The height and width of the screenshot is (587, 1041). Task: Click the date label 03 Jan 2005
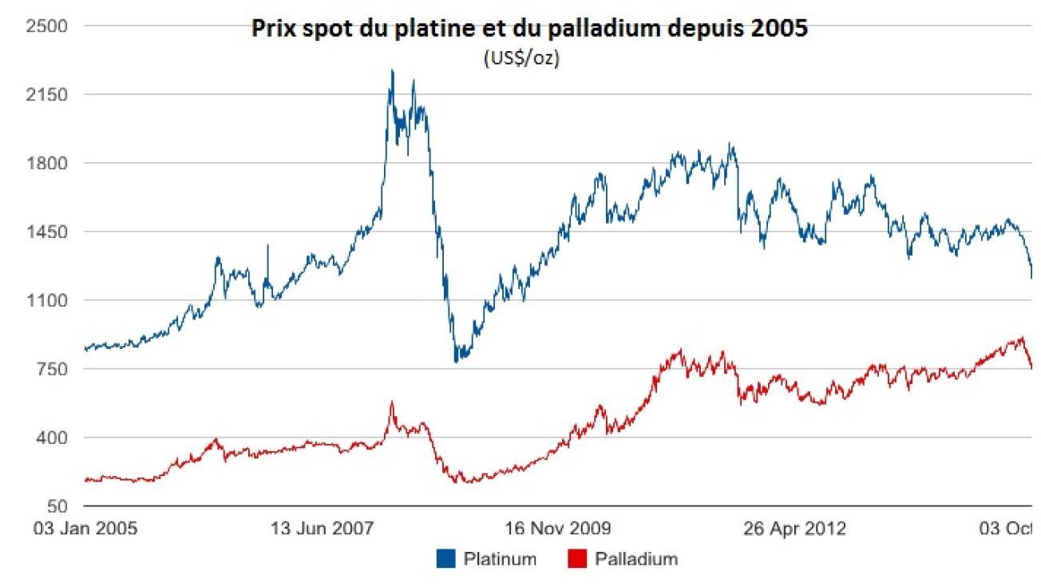coord(85,529)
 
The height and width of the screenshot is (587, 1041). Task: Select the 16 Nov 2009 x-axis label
coord(559,529)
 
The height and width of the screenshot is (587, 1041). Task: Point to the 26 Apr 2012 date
coord(795,529)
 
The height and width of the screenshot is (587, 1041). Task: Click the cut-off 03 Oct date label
coord(1010,529)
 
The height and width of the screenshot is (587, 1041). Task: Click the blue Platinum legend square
coord(445,559)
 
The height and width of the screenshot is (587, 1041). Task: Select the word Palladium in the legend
coord(635,559)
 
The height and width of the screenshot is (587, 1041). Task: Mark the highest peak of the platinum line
coord(391,70)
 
